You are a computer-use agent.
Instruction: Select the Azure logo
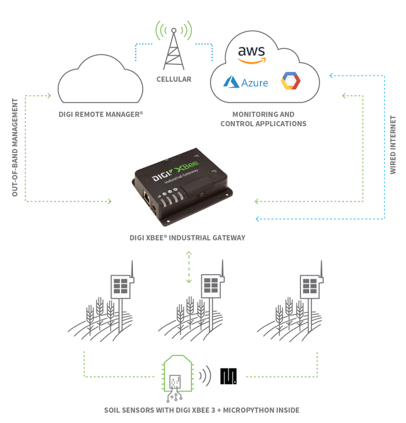click(246, 82)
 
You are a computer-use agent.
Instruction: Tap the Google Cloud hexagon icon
click(291, 81)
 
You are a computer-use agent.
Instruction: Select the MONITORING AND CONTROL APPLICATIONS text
click(263, 119)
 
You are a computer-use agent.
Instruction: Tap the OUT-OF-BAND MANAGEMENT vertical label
click(16, 147)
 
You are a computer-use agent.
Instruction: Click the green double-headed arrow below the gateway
click(188, 268)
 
